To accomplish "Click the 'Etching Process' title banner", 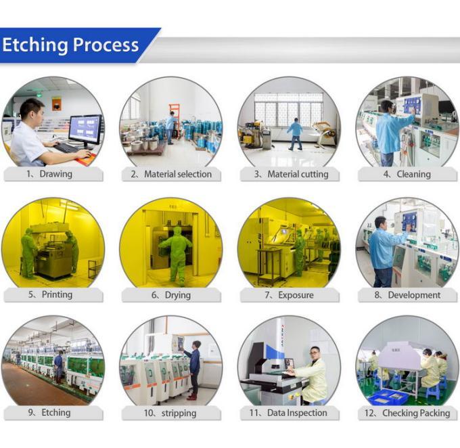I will [71, 45].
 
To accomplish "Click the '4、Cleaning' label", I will [407, 174].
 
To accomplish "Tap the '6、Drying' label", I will [171, 295].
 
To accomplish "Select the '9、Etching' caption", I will [53, 412].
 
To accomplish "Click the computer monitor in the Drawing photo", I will [85, 128].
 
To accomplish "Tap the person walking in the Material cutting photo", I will [295, 133].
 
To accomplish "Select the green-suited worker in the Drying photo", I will [177, 254].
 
